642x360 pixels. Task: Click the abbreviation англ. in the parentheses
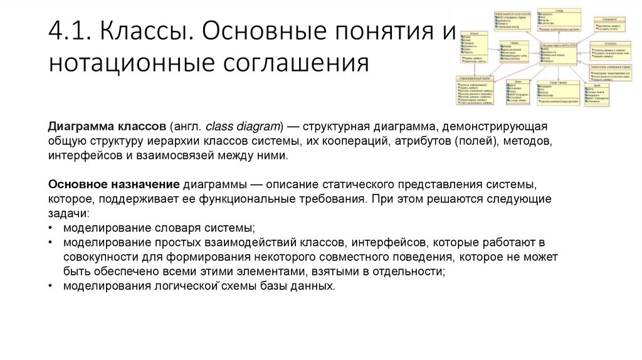pyautogui.click(x=187, y=126)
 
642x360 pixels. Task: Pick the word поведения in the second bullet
pyautogui.click(x=422, y=257)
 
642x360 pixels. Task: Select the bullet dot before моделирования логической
pyautogui.click(x=50, y=286)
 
